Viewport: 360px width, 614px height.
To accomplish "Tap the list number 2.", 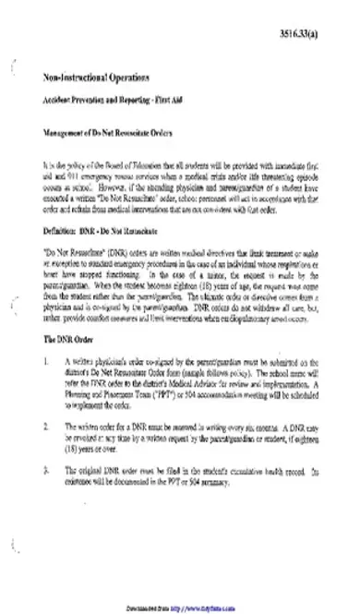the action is (x=46, y=428).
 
